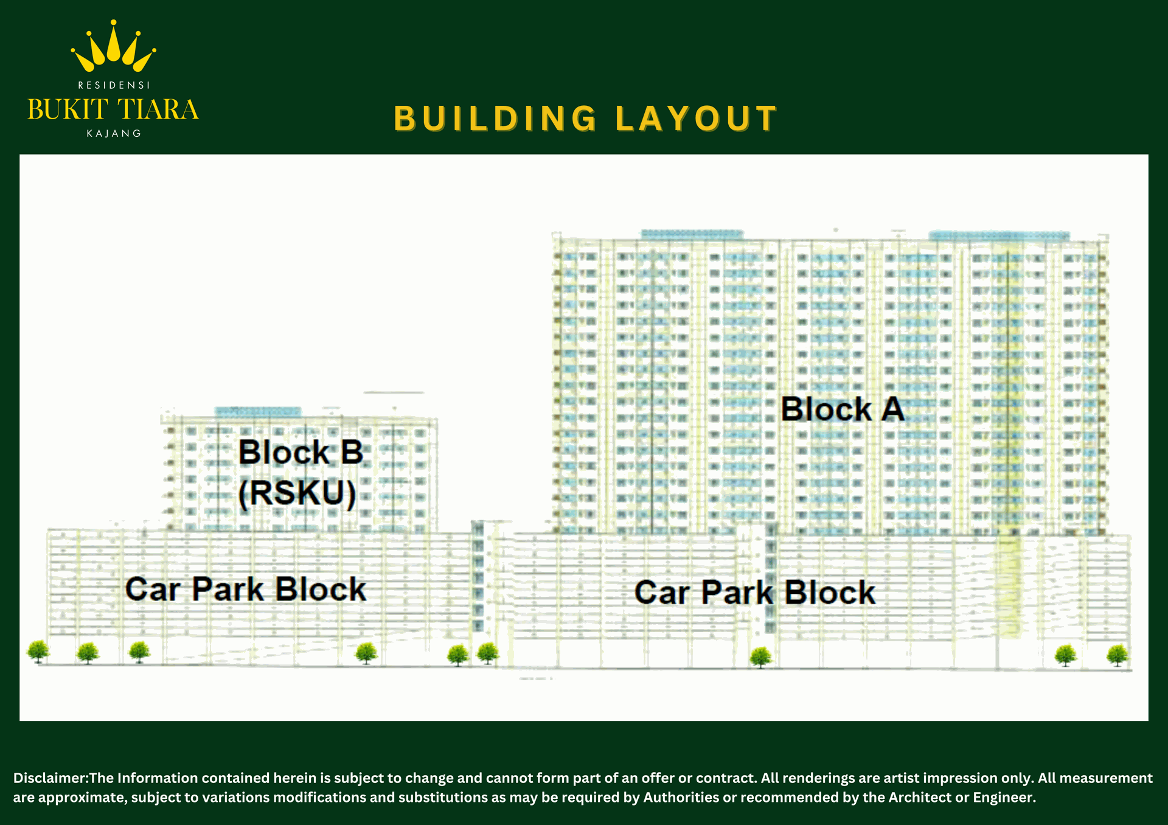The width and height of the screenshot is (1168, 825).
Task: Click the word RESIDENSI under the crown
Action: tap(114, 85)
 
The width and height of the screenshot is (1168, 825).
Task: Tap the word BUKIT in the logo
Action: tap(68, 110)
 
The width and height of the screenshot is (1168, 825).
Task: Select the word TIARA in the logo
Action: tap(158, 110)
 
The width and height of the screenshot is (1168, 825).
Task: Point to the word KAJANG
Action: tap(114, 133)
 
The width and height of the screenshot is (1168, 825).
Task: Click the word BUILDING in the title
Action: tap(496, 119)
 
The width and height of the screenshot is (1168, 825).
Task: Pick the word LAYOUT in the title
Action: tap(697, 119)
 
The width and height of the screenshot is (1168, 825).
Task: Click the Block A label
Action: tap(843, 409)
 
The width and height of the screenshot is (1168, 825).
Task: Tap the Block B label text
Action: tap(301, 453)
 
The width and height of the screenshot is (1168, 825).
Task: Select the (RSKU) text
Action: tap(297, 493)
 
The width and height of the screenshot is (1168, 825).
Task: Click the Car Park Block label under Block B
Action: tap(246, 589)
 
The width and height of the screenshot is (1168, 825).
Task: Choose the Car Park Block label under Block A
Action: tap(755, 592)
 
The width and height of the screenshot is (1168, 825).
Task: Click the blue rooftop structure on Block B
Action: tap(258, 412)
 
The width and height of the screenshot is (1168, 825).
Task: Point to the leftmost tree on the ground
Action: tap(38, 652)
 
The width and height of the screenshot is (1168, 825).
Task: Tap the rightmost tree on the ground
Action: tap(1118, 656)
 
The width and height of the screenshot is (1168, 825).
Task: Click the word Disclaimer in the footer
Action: tap(50, 778)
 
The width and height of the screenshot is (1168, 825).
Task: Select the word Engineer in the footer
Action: tap(1004, 798)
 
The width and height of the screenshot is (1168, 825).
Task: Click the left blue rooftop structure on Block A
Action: tap(692, 234)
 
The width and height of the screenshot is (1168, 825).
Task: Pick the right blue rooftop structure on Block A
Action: tap(999, 236)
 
